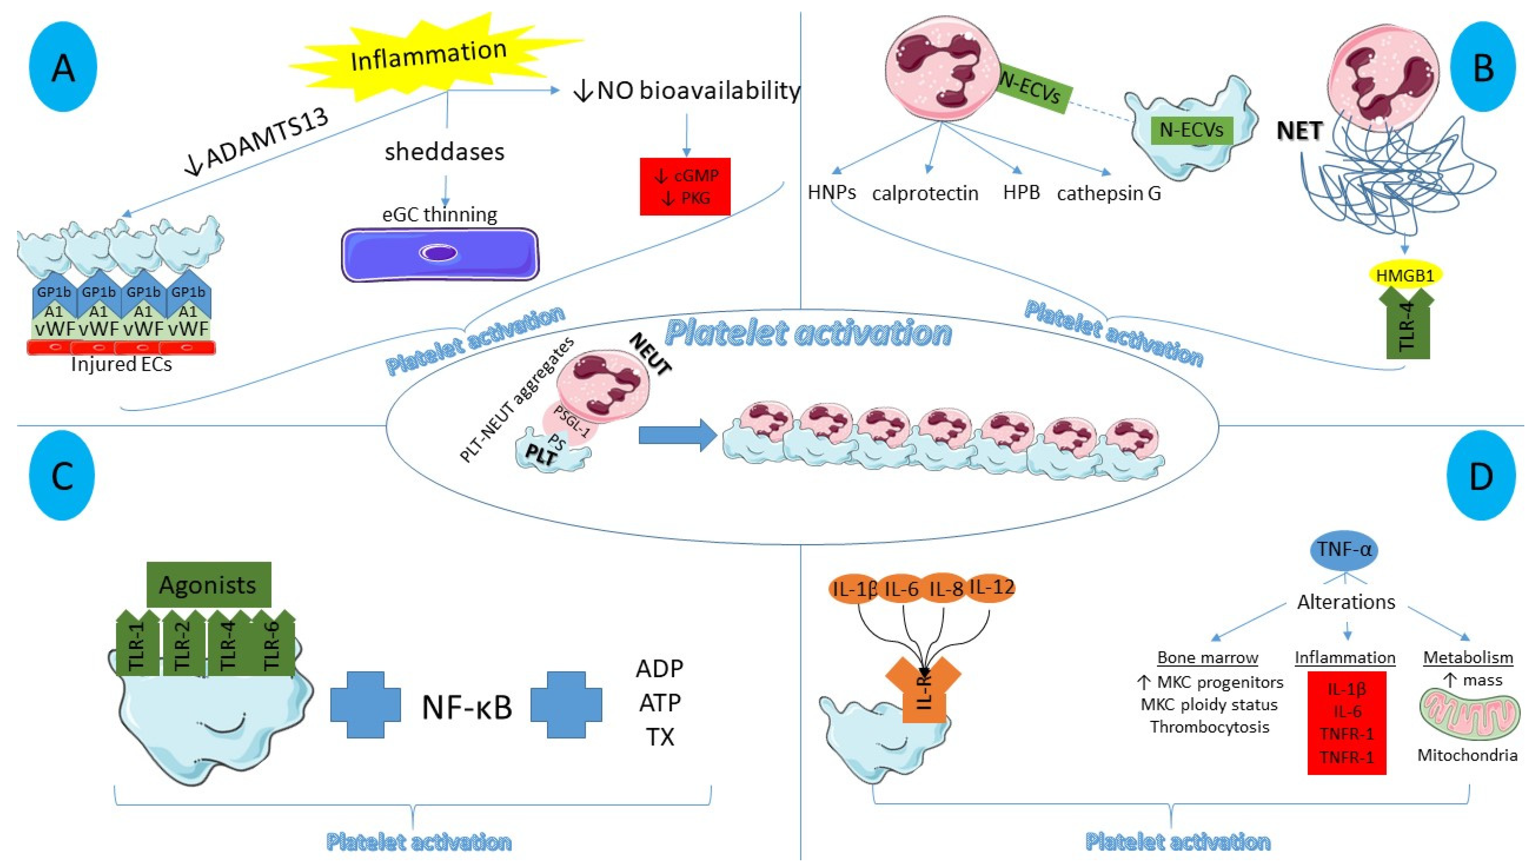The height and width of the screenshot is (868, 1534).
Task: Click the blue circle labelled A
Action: pos(63,67)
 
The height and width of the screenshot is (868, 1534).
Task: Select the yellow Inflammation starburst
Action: pos(428,57)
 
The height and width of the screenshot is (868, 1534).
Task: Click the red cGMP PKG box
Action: pos(685,186)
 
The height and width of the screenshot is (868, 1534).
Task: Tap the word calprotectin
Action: pos(925,193)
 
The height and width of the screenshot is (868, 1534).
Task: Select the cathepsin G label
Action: pos(1109,193)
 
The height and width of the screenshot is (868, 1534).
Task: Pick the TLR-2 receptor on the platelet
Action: pos(182,644)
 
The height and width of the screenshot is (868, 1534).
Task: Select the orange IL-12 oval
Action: pos(991,588)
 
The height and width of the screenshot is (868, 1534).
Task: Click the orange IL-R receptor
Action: pos(923,691)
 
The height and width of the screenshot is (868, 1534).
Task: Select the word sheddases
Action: pos(444,152)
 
